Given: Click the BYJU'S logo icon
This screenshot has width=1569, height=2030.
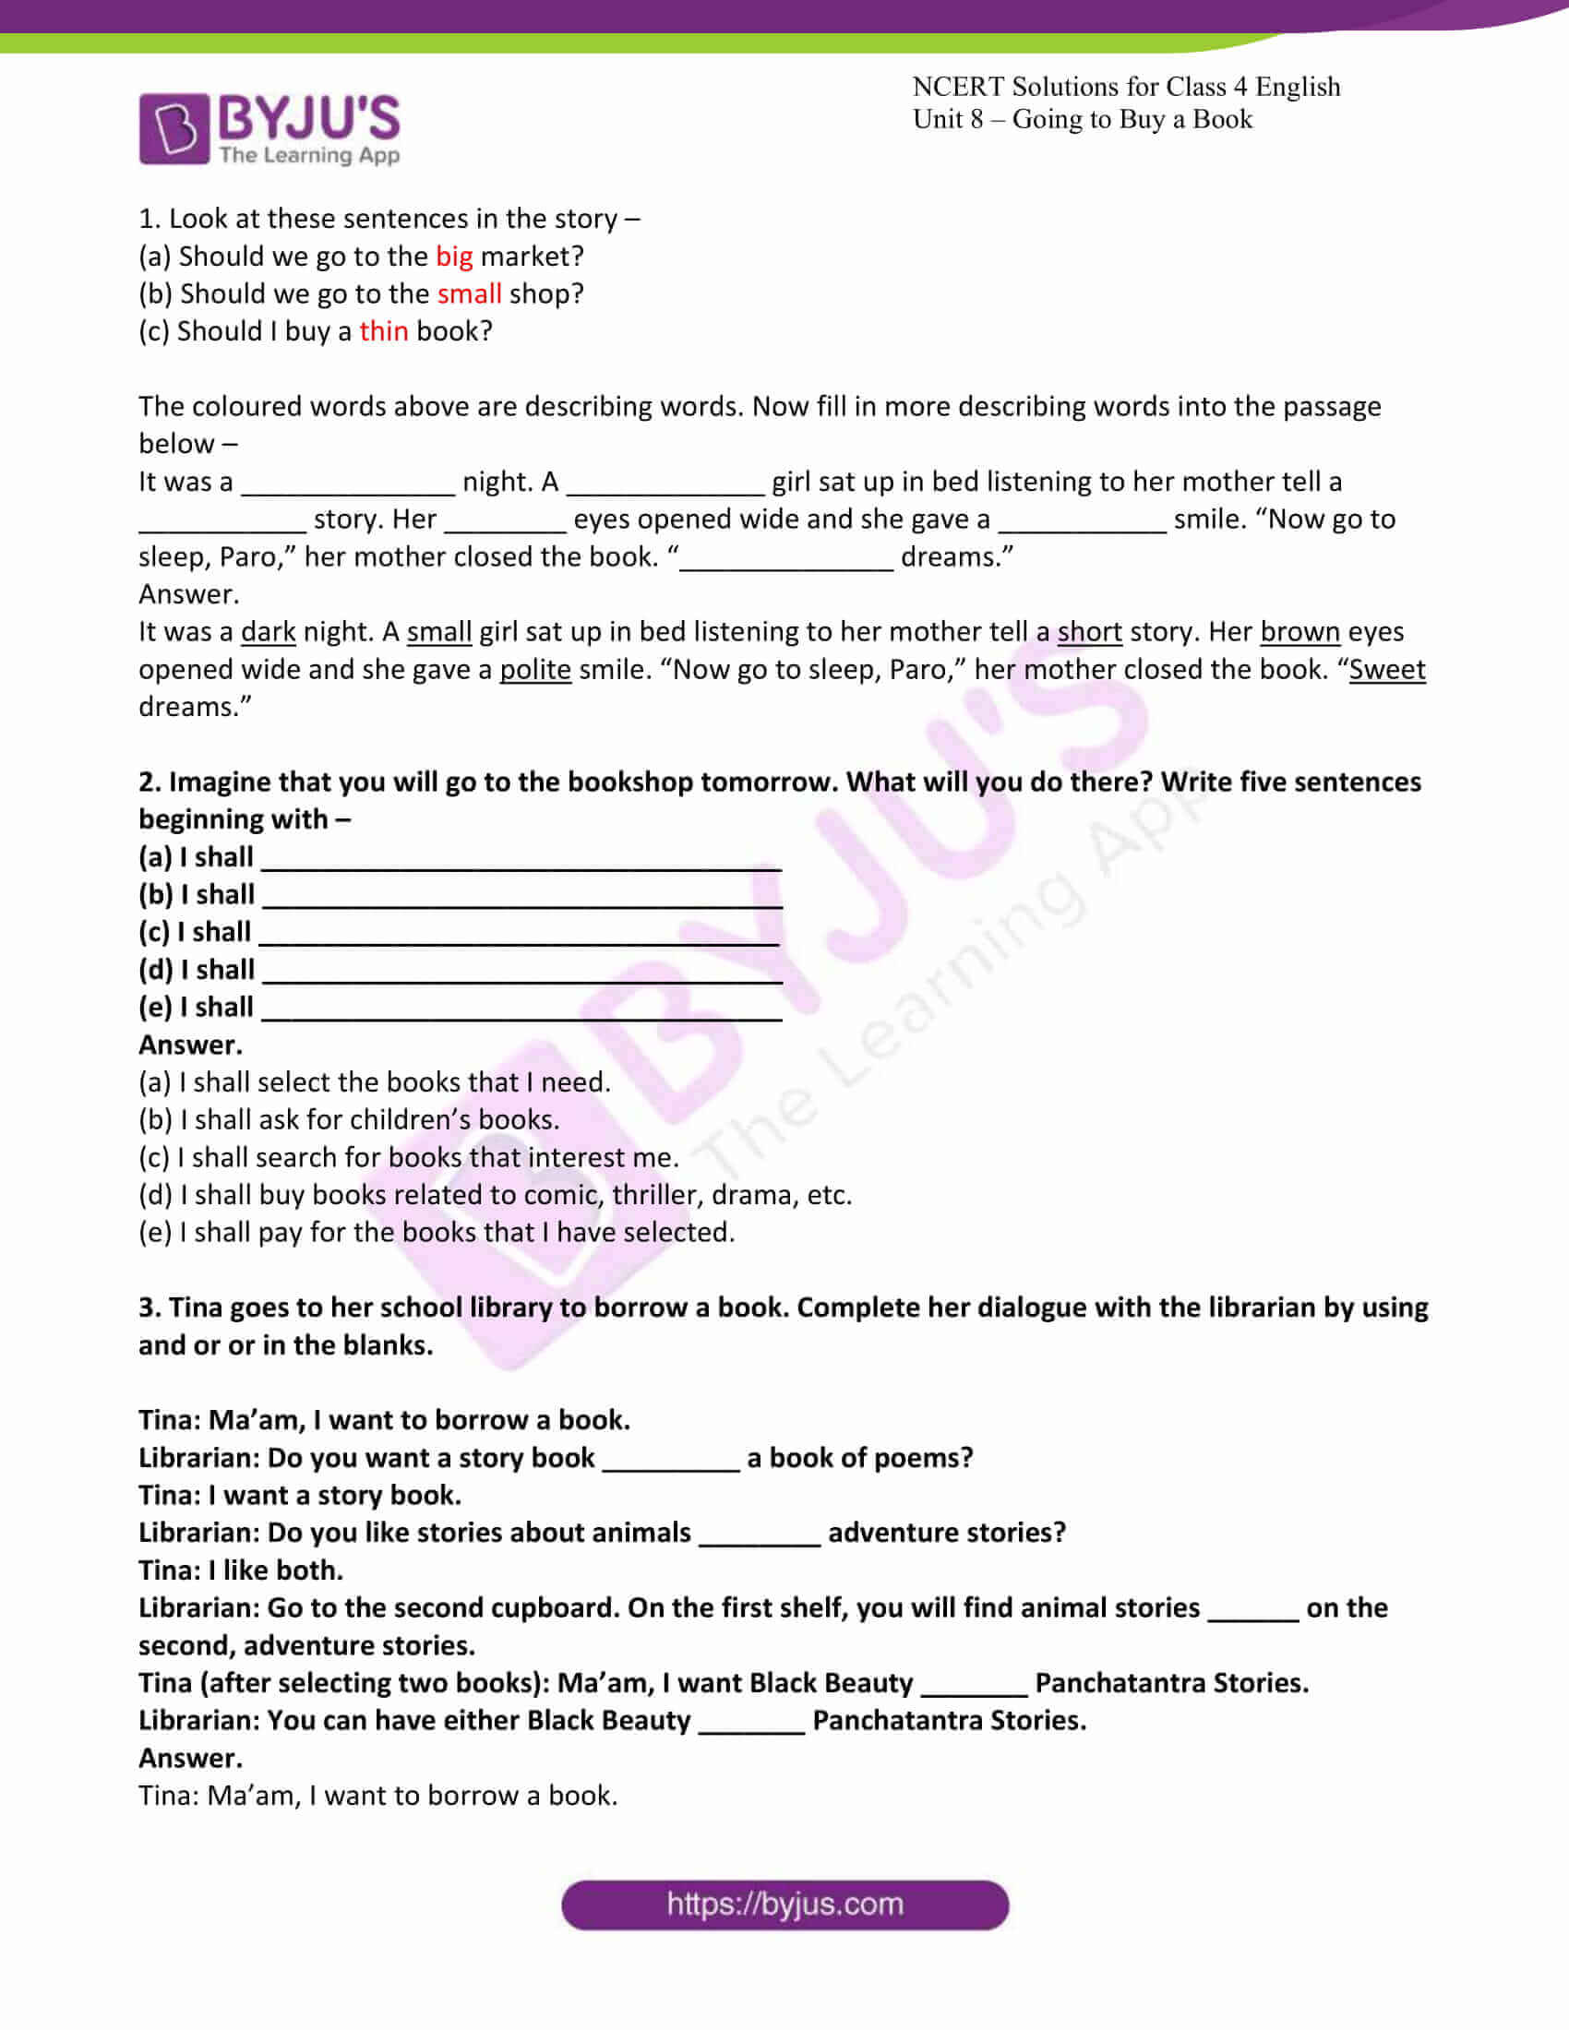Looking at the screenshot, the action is click(x=174, y=128).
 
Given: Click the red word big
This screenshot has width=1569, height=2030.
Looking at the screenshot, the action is click(x=453, y=256).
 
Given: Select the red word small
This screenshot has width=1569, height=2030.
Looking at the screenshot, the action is click(x=470, y=293).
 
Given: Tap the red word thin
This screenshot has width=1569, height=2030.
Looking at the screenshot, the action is click(x=383, y=331).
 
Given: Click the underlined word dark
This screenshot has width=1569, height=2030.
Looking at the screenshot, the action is click(x=268, y=632).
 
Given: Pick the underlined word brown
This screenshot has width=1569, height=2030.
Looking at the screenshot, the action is click(x=1300, y=632).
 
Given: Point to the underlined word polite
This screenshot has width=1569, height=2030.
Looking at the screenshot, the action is click(x=535, y=669).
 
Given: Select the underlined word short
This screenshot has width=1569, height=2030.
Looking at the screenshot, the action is click(x=1089, y=632).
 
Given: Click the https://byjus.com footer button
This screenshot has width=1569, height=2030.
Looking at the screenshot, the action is click(x=784, y=1905).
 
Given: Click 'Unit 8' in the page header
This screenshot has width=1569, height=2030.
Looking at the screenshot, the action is click(x=947, y=119).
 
